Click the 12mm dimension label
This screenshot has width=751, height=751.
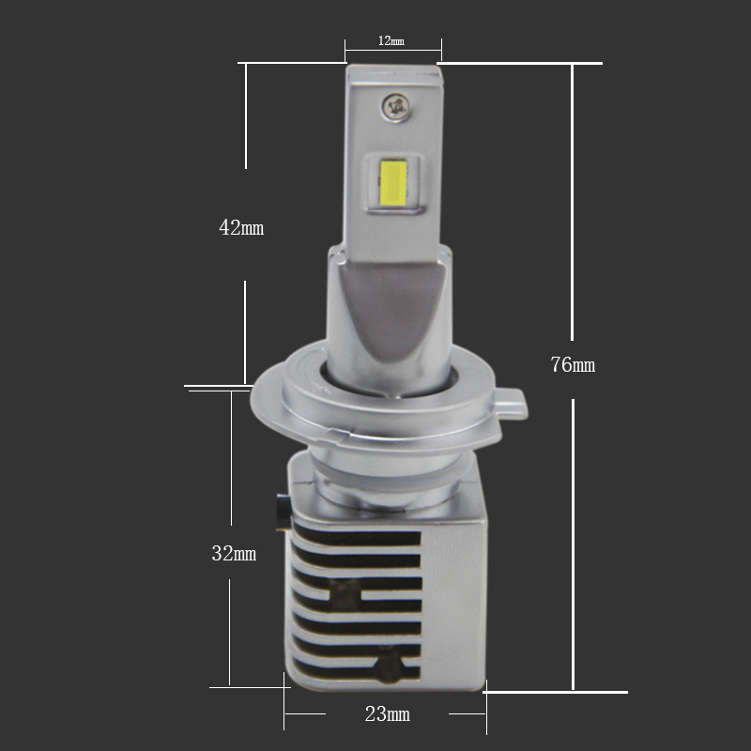pos(391,40)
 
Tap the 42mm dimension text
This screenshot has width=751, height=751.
pos(241,227)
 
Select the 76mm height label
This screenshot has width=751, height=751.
pos(573,365)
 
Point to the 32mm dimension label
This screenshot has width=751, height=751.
pos(234,554)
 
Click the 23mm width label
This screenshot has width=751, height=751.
pos(388,714)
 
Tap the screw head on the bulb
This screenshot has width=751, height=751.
pos(395,106)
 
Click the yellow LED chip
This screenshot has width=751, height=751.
pos(393,181)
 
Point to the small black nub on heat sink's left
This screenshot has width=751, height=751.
pos(284,513)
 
